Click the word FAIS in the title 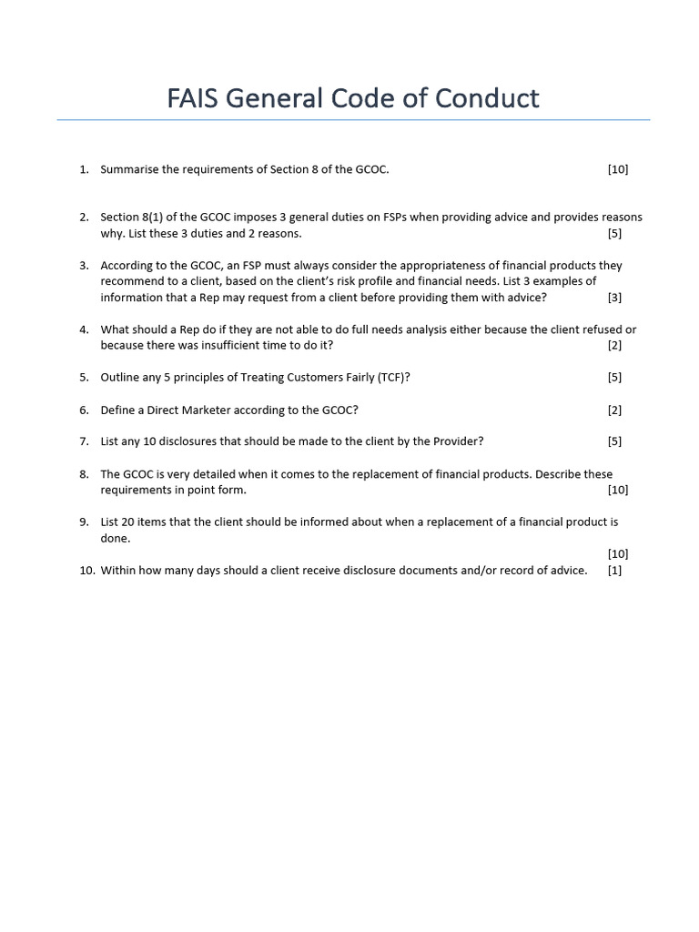(x=194, y=98)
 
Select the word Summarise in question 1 (x=127, y=169)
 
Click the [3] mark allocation (x=614, y=298)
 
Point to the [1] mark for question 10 (x=614, y=571)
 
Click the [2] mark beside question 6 (x=614, y=410)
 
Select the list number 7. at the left (x=84, y=442)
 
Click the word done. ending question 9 (x=116, y=539)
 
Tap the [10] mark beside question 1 (x=618, y=169)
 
